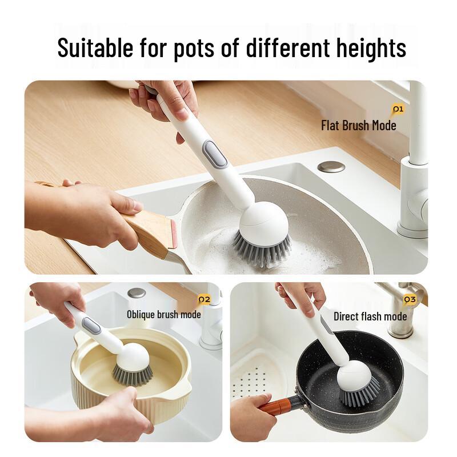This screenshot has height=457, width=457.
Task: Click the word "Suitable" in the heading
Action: coord(94,47)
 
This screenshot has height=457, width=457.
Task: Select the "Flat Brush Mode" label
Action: coord(358,126)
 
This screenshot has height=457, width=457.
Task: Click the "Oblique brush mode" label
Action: coord(163,314)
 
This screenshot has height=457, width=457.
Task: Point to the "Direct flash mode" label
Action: coord(370,316)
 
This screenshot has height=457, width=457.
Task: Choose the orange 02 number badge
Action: coord(204,299)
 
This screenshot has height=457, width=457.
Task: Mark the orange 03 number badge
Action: coord(410,299)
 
